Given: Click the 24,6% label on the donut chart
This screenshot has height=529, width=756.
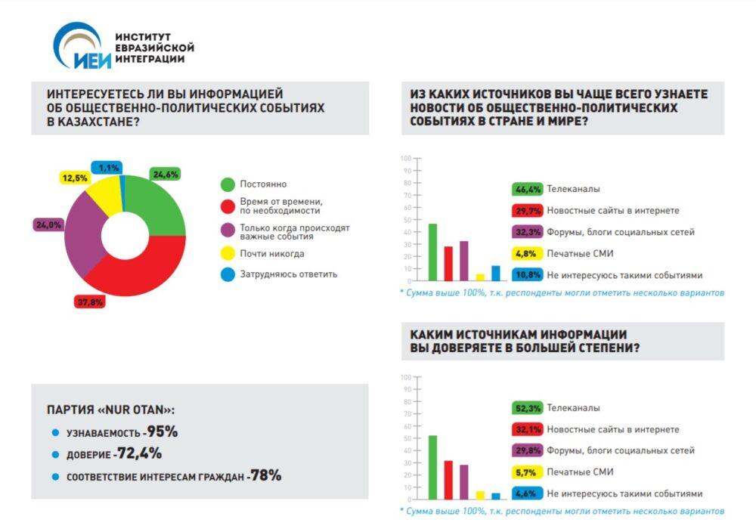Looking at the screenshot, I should pos(165,174).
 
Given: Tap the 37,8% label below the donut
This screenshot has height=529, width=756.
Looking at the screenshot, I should pos(90,301).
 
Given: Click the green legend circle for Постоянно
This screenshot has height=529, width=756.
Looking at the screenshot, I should pos(227,184).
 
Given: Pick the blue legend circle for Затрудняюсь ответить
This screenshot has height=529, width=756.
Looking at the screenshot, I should pos(227,274).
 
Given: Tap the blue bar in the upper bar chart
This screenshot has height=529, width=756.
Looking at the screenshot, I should pos(495,273).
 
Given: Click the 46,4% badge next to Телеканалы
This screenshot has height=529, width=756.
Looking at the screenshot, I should pos(527,189).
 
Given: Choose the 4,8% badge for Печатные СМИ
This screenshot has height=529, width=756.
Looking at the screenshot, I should pos(527,253).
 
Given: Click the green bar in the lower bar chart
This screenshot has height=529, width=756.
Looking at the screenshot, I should pos(432,467).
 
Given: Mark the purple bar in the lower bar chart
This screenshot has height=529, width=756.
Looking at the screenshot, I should pos(463,481).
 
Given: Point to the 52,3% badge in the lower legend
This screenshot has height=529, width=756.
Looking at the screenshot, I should pos(527,407).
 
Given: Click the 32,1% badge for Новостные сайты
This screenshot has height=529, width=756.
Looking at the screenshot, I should pos(527,429).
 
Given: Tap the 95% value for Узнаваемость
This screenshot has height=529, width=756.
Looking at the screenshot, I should pos(163,432).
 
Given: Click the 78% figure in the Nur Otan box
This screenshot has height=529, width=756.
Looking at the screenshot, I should pos(268,475).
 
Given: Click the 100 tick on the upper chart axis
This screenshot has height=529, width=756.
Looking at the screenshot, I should pos(405,159).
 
